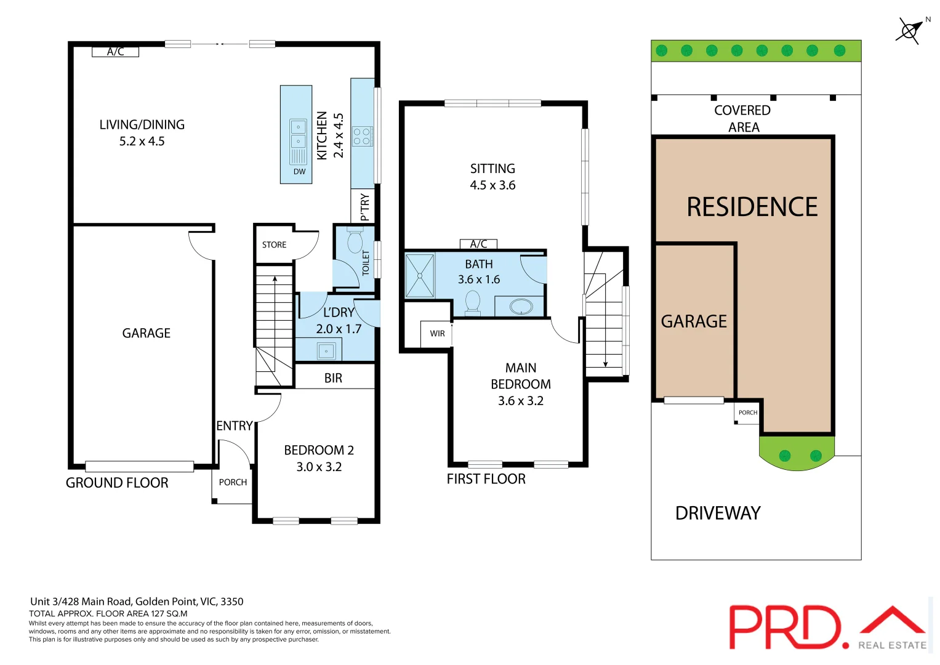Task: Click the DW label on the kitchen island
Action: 299,172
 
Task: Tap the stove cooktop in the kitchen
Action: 362,136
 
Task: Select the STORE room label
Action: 274,245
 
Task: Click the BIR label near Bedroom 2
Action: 333,378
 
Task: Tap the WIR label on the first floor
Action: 437,334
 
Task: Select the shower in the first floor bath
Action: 420,276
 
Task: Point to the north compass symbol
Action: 910,30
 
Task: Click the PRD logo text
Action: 785,627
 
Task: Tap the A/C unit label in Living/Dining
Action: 115,52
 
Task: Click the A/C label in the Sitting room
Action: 478,244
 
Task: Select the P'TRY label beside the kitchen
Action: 364,207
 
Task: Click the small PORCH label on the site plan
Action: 747,413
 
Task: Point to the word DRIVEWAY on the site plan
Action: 718,513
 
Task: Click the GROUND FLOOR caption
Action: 117,483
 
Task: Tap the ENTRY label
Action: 234,425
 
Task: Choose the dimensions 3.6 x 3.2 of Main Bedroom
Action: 520,401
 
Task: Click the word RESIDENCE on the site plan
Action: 752,207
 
